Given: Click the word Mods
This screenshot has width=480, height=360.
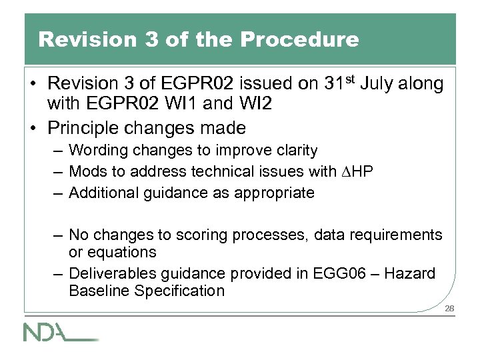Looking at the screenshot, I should [86, 172].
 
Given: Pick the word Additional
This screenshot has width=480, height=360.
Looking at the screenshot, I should [102, 193].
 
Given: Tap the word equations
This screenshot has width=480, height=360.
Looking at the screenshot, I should [126, 252].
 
